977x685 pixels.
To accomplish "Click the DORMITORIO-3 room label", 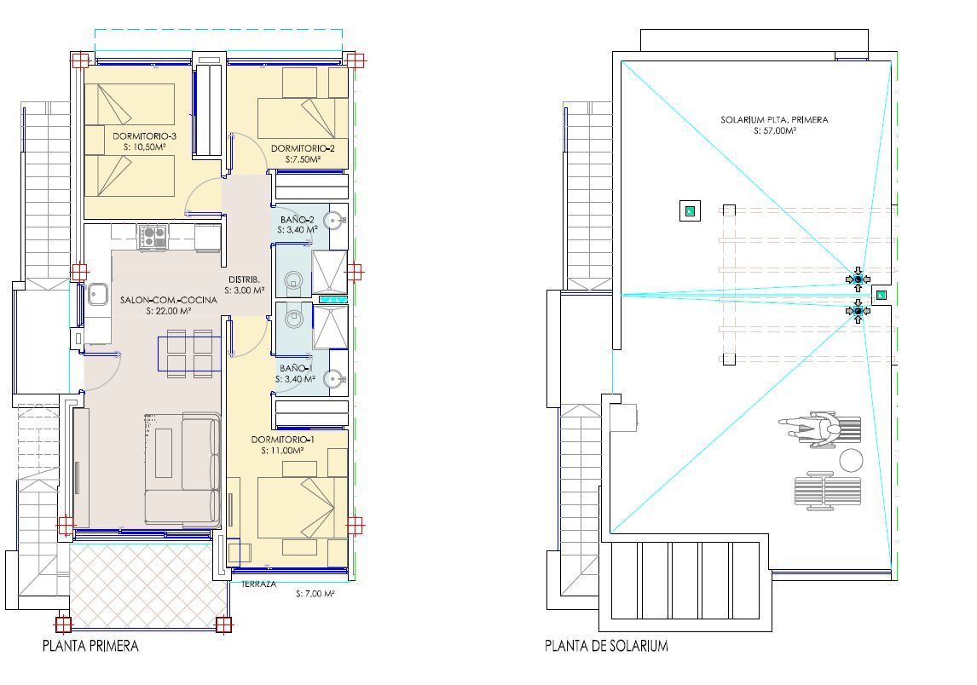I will (x=144, y=135).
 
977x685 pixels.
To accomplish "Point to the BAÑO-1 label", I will (x=296, y=368).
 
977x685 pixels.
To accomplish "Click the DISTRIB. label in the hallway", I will (x=244, y=279).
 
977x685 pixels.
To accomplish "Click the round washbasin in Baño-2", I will (x=338, y=221).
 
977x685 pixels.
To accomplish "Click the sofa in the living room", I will (x=183, y=469).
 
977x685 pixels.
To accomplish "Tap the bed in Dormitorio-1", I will (x=303, y=506).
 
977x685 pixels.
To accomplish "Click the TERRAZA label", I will (x=258, y=584).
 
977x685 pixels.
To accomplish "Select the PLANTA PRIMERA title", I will (x=90, y=646).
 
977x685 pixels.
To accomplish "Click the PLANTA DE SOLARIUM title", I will (x=606, y=646).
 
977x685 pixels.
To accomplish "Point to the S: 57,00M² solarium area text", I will (x=774, y=131).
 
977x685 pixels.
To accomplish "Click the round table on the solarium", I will (x=851, y=461).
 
